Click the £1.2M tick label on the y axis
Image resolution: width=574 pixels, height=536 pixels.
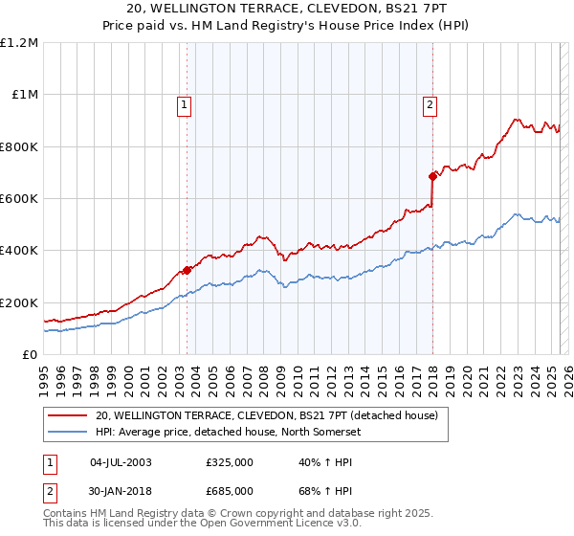pyautogui.click(x=19, y=43)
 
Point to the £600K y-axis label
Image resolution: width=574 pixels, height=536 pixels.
pyautogui.click(x=19, y=199)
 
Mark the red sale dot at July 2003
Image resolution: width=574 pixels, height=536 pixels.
pyautogui.click(x=188, y=270)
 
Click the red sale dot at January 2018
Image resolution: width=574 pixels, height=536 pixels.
pyautogui.click(x=432, y=176)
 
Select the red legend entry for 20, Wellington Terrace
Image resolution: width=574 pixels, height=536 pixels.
pyautogui.click(x=266, y=415)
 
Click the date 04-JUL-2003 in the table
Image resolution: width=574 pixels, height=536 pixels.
pyautogui.click(x=121, y=462)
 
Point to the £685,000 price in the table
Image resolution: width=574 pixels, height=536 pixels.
pyautogui.click(x=229, y=490)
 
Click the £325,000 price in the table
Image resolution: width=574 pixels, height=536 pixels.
pyautogui.click(x=229, y=462)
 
